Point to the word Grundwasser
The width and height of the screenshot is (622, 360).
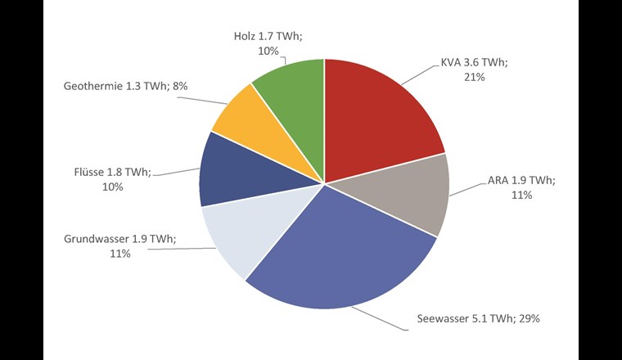click(x=97, y=239)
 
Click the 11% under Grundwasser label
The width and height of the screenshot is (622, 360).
click(x=120, y=254)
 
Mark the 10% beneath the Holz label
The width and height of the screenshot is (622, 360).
click(x=268, y=52)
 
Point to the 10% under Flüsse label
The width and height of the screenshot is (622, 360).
click(x=112, y=187)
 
